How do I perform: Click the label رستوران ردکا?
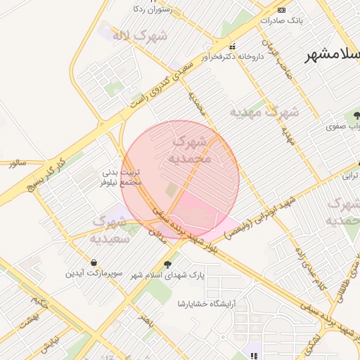click(x=154, y=11)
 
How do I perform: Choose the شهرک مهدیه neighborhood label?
click(x=265, y=112)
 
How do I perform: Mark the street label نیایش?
click(x=46, y=345)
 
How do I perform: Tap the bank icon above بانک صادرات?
click(x=281, y=10)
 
